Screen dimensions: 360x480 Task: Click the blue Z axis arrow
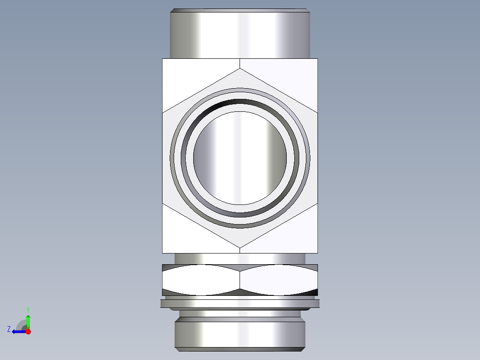click(x=18, y=331)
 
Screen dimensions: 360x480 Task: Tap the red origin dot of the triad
click(x=28, y=331)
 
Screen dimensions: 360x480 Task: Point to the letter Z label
click(x=9, y=329)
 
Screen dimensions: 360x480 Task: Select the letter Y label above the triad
click(x=28, y=309)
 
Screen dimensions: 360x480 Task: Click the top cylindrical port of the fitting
click(x=240, y=35)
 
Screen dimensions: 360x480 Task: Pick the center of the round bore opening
click(x=240, y=158)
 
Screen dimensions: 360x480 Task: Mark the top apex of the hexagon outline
click(x=240, y=69)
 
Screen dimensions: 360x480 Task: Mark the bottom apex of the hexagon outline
click(x=240, y=248)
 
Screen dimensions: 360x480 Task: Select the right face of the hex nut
click(x=279, y=280)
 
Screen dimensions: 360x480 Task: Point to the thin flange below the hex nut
click(x=240, y=303)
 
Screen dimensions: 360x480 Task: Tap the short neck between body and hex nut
click(x=240, y=258)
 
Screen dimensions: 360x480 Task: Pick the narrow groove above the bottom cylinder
click(x=240, y=314)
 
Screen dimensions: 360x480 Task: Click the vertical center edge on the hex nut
click(x=240, y=280)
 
